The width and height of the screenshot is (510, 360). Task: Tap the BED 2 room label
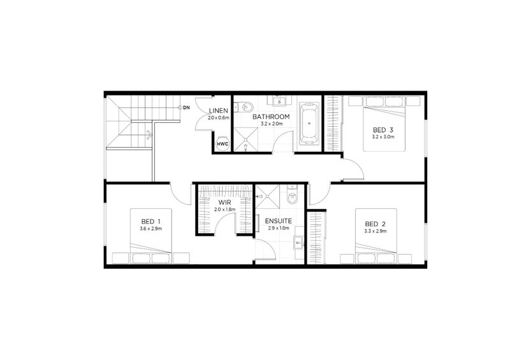(375, 224)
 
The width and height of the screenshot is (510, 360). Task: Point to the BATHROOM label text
(271, 117)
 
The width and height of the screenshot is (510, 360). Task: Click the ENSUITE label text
(279, 220)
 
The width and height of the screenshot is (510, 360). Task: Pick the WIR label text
(225, 202)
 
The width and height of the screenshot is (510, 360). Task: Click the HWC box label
(222, 144)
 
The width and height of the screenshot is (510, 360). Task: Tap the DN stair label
(186, 107)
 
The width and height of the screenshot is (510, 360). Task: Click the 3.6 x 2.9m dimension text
(150, 228)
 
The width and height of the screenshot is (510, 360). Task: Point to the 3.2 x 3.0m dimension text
(384, 136)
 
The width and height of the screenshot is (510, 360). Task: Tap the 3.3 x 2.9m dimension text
(376, 231)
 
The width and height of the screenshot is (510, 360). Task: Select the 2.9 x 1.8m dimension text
(279, 227)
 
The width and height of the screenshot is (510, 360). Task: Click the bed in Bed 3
(384, 124)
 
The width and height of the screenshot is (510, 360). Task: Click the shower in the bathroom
(243, 138)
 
